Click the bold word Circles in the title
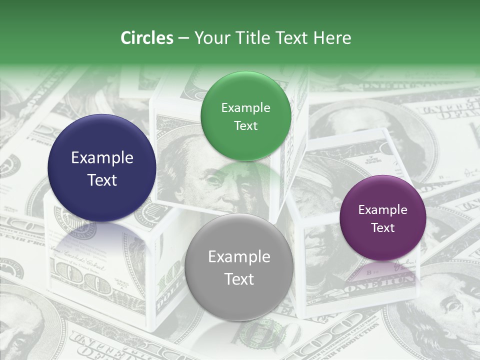(x=147, y=38)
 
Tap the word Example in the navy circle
(x=102, y=158)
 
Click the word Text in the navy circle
(x=102, y=180)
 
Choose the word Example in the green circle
(x=245, y=108)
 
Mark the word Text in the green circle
(x=245, y=126)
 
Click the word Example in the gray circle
(x=239, y=257)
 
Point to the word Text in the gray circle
(x=239, y=279)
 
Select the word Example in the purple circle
(x=382, y=210)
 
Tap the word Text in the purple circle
(x=382, y=228)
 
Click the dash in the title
(x=184, y=38)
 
